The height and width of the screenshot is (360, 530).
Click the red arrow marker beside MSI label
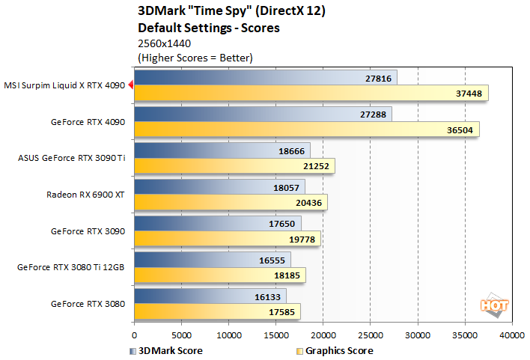coord(130,85)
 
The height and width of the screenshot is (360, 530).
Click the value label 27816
coord(379,78)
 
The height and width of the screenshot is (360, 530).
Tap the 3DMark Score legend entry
coord(166,350)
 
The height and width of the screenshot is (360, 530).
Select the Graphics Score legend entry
coord(334,350)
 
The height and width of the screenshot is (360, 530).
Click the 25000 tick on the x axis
coord(371,335)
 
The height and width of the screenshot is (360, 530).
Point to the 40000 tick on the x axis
coord(512,335)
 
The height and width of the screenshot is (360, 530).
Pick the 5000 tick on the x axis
coord(181,335)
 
